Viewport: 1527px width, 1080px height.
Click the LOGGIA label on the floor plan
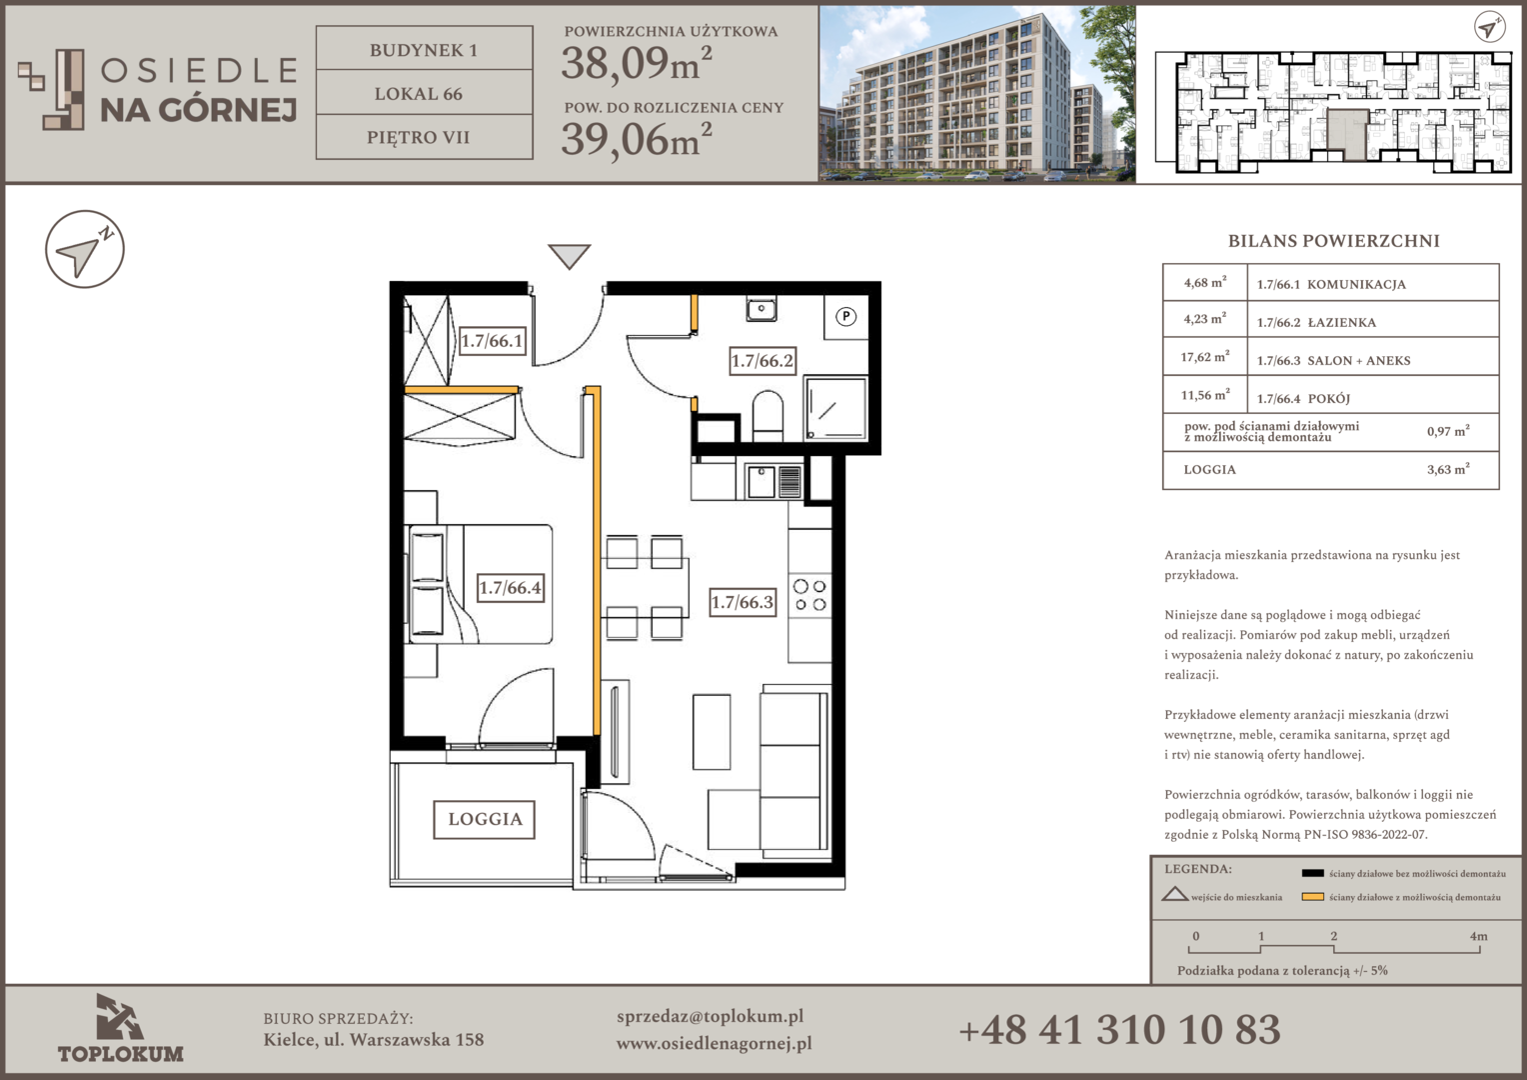(x=485, y=819)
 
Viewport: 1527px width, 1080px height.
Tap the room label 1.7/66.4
(x=511, y=587)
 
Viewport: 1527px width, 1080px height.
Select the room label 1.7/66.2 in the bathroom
(x=763, y=360)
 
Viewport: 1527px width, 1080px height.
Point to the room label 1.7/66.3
(x=744, y=602)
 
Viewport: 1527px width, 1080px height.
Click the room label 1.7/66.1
(x=493, y=340)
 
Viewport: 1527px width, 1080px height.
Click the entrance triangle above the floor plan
(x=570, y=257)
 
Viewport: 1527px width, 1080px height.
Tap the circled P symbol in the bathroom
(x=846, y=317)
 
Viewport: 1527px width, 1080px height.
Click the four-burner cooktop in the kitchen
(x=809, y=595)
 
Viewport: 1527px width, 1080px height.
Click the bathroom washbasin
(x=762, y=309)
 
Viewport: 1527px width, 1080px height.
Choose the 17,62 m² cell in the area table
(x=1205, y=357)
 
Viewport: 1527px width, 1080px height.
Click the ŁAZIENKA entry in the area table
(x=1341, y=323)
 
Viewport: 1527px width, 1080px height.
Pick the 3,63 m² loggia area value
(x=1449, y=469)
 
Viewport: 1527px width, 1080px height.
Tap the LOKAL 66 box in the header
(x=424, y=93)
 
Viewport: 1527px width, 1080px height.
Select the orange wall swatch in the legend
(x=1313, y=897)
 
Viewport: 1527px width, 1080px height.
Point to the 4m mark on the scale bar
(x=1478, y=937)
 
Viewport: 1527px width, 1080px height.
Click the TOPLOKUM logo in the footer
(x=121, y=1029)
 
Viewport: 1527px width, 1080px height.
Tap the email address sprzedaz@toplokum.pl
(x=711, y=1017)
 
